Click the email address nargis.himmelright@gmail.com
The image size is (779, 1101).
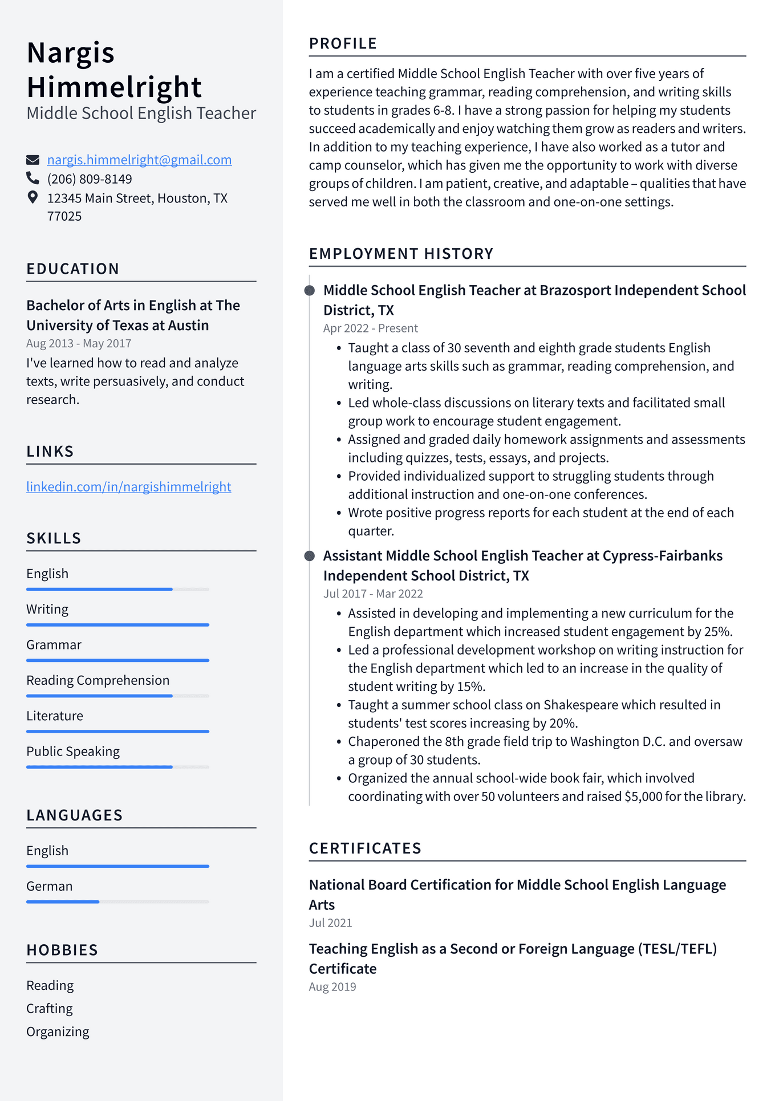click(139, 160)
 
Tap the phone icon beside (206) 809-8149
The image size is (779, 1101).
click(33, 178)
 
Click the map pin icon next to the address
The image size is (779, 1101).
click(33, 197)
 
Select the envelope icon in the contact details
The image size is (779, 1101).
click(33, 160)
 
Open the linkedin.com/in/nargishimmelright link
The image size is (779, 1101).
click(129, 487)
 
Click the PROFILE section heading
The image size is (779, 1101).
click(343, 44)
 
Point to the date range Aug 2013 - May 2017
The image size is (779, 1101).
click(79, 343)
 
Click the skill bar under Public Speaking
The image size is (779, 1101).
click(117, 767)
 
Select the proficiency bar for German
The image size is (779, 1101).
click(117, 901)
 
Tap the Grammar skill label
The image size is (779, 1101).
click(54, 645)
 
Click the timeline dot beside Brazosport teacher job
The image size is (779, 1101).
click(310, 291)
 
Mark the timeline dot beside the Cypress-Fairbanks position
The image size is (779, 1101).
click(310, 556)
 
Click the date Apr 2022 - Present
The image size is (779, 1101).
click(370, 328)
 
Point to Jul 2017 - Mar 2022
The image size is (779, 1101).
click(373, 594)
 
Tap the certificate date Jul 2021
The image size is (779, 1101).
click(330, 923)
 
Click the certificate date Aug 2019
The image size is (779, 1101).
click(332, 986)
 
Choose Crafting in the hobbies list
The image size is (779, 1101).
click(50, 1009)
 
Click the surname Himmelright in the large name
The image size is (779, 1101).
click(114, 87)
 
